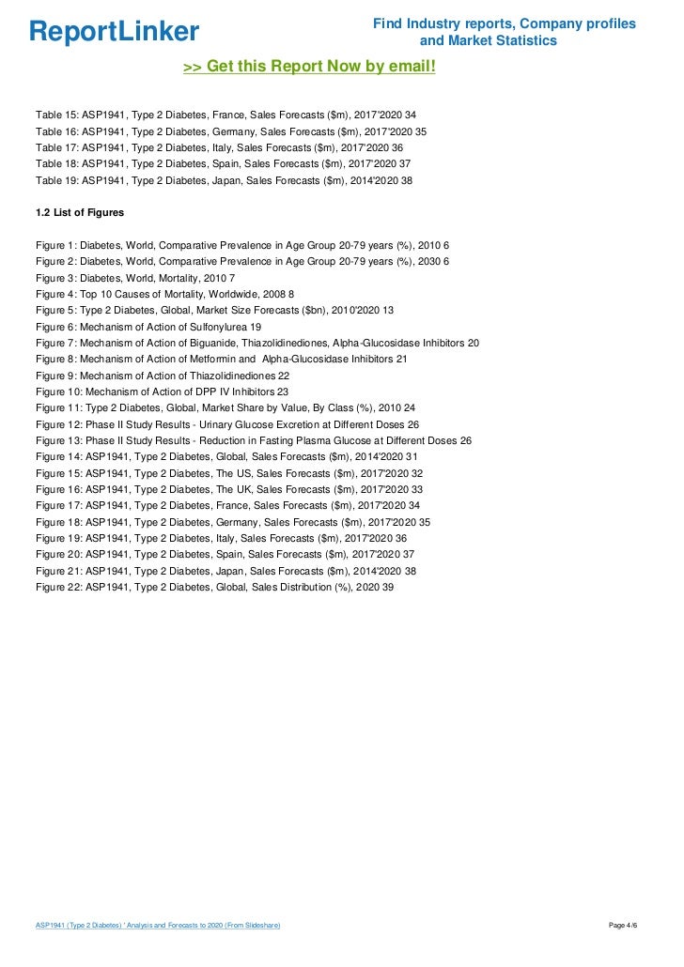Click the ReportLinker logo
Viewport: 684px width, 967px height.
[x=114, y=32]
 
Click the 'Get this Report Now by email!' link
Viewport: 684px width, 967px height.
[x=309, y=67]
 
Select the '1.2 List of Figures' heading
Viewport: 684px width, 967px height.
[x=79, y=212]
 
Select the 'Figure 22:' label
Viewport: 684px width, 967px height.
[x=59, y=587]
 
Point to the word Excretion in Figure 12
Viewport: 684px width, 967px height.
[x=301, y=424]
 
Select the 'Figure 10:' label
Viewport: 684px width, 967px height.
[x=59, y=391]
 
